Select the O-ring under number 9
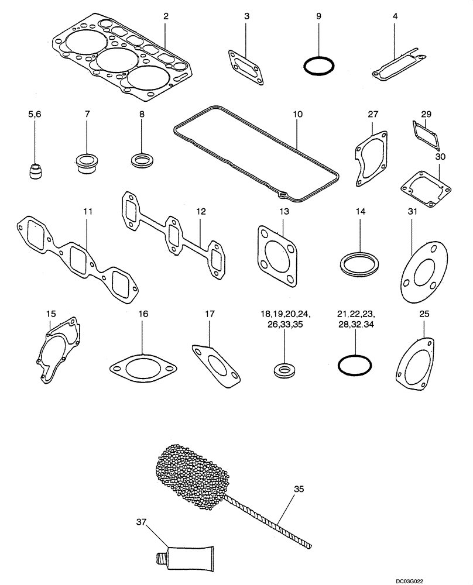tap(319, 66)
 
